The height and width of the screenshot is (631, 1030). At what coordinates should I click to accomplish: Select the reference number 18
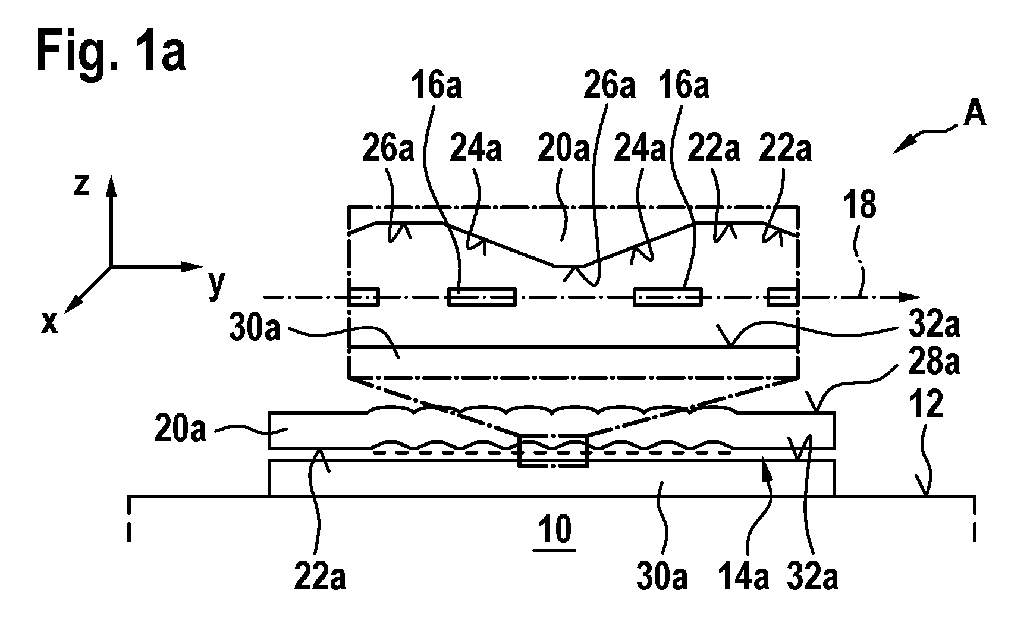(859, 205)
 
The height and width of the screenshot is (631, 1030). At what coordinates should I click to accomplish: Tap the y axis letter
(216, 285)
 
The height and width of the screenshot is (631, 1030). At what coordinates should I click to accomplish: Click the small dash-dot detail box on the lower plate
(553, 451)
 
